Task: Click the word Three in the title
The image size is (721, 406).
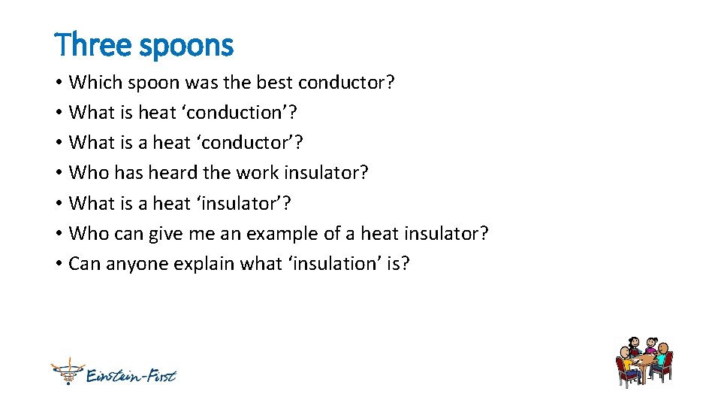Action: [86, 45]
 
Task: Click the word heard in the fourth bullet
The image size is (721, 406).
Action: [173, 173]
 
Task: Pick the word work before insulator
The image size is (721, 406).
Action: [258, 173]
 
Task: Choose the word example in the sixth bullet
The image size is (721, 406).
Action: [278, 234]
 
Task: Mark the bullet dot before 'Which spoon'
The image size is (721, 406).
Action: [59, 83]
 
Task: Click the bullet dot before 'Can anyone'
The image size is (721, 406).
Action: [59, 264]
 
